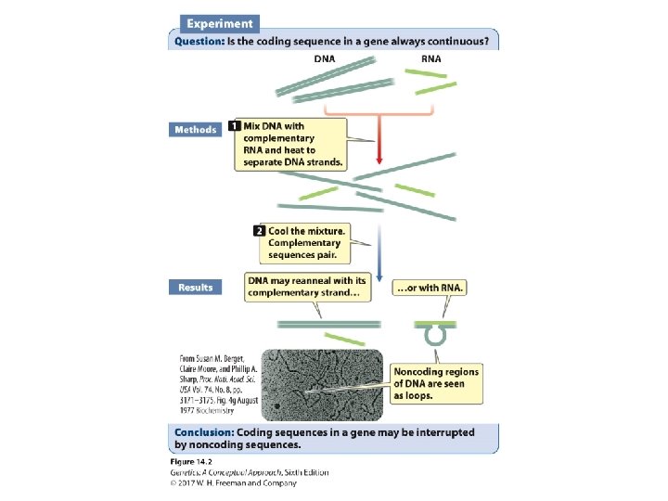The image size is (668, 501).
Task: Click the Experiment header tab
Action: pos(218,23)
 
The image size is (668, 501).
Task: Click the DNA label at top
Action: pos(324,58)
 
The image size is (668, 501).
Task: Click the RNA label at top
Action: pos(430,58)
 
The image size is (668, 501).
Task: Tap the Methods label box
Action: pos(195,130)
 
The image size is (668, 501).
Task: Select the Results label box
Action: pos(196,288)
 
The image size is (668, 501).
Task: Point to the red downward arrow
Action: pos(378,148)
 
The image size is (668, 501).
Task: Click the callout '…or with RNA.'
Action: pos(430,288)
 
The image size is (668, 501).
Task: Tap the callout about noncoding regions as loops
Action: pos(437,383)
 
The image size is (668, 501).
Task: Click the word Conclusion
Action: pos(203,432)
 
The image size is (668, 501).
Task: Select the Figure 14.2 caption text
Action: pos(194,461)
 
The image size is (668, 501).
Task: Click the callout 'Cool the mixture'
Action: pos(305,242)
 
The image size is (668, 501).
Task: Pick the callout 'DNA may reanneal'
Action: pos(305,287)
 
